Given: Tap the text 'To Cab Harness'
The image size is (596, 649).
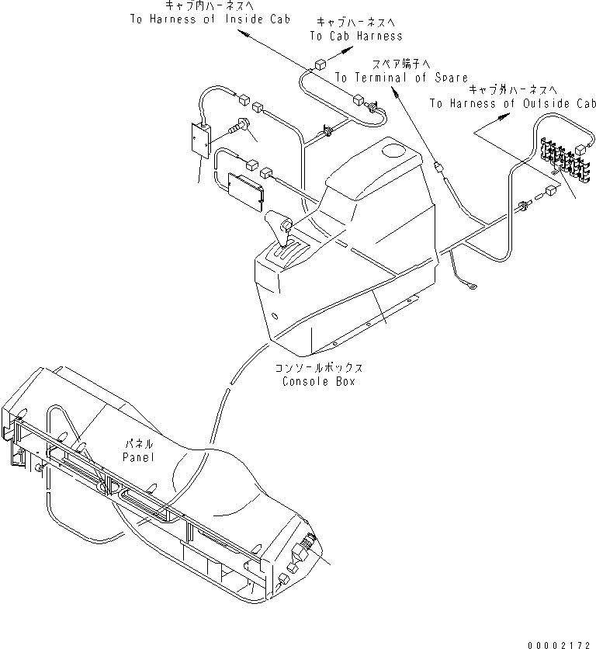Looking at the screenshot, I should [356, 36].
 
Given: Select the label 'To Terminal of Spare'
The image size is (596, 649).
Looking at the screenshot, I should [401, 78].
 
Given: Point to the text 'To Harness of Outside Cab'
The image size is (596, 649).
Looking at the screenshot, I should [512, 103].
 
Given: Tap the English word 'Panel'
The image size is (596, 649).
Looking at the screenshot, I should [138, 458].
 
